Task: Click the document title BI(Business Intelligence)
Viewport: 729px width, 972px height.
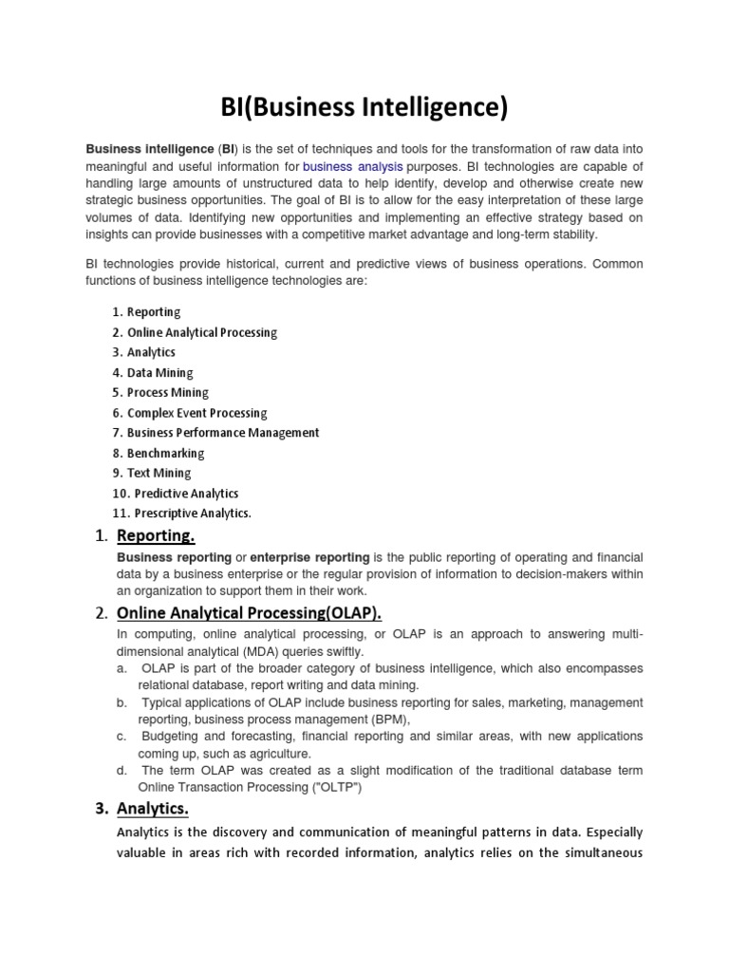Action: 364,107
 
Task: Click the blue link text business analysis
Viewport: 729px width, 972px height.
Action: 352,167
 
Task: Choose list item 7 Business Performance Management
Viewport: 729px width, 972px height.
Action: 223,433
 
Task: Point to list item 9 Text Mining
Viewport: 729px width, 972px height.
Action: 159,474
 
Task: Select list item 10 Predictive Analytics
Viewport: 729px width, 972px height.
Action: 186,494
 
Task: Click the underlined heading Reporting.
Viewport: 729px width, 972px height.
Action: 156,537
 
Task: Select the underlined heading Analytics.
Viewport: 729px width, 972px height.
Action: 152,809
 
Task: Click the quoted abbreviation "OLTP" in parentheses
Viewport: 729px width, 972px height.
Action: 338,787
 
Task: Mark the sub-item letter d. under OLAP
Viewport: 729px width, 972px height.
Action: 121,770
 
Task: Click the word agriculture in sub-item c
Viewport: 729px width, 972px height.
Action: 281,754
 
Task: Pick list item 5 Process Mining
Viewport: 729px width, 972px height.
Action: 167,393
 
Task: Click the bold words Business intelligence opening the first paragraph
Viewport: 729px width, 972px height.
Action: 150,150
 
